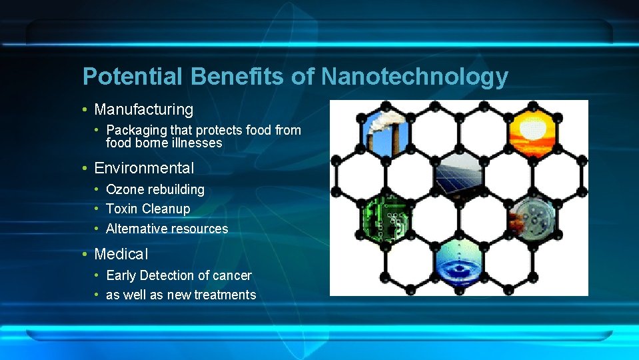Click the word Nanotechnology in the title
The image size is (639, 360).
414,77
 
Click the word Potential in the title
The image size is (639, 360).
132,77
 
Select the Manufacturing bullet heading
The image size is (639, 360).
143,109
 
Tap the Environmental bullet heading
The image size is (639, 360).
144,168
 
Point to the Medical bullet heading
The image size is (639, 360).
121,254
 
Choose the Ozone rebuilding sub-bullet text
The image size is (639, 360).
155,189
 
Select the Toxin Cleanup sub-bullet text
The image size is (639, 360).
148,209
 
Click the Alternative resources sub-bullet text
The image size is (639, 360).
167,229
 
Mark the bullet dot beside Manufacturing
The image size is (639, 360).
85,109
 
